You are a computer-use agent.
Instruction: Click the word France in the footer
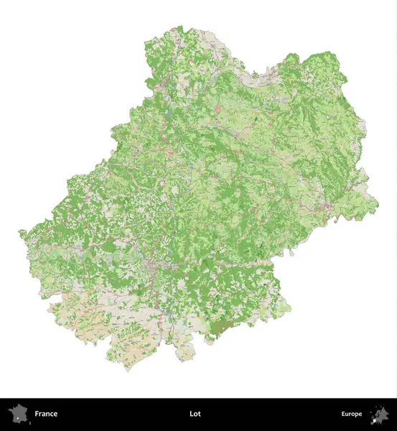46,414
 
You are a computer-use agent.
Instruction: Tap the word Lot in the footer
195,414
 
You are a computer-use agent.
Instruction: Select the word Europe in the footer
352,414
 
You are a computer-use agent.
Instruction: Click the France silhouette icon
17,414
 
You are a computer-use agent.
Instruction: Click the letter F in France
37,414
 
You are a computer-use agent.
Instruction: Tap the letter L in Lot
191,414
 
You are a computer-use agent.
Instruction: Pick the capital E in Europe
343,414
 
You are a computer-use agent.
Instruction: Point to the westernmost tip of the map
19,232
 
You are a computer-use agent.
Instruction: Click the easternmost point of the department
378,197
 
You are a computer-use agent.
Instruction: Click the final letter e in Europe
360,414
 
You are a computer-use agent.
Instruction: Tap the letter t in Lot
200,414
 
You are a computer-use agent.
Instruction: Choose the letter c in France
52,414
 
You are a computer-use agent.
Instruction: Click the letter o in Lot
195,414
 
